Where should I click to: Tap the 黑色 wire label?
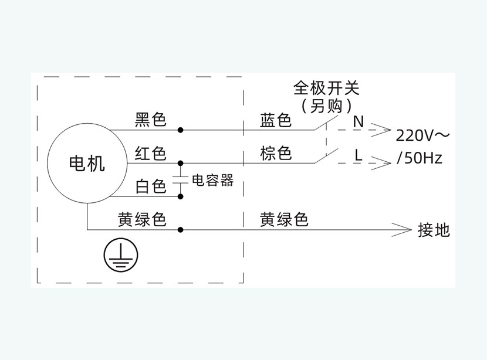[x=150, y=120]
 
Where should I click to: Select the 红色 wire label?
[x=150, y=153]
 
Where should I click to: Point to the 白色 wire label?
[x=151, y=186]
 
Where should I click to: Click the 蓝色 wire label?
[x=276, y=120]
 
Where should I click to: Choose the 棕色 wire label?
[x=276, y=153]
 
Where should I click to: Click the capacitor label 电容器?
[x=213, y=181]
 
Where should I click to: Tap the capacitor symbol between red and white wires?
[x=181, y=179]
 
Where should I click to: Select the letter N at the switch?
[x=359, y=121]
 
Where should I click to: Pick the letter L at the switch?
[x=359, y=155]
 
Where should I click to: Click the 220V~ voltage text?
[x=422, y=135]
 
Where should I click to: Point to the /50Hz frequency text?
[x=420, y=158]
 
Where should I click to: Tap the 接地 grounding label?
[x=434, y=230]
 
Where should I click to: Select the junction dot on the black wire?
[x=181, y=130]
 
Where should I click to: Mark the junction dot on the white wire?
[x=181, y=196]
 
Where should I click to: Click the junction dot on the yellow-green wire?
[x=181, y=230]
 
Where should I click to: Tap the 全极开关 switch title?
[x=326, y=88]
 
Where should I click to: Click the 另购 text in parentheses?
[x=326, y=106]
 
